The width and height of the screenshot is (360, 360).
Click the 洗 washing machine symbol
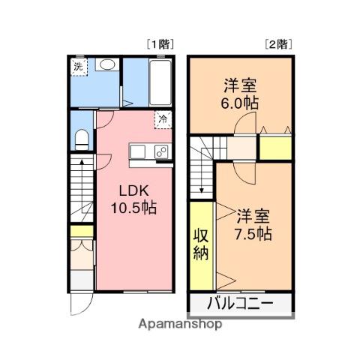tap(79, 67)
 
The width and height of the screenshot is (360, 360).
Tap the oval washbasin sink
tap(107, 64)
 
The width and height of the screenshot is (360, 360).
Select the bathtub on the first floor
tap(160, 82)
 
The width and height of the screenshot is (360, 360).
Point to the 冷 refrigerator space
tap(163, 120)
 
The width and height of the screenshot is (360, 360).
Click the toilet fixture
tap(82, 139)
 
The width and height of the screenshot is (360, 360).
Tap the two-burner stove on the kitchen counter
tap(161, 151)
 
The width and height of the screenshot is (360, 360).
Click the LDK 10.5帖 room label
tap(133, 199)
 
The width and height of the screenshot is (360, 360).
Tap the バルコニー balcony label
tap(240, 303)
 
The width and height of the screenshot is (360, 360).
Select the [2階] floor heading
tap(278, 45)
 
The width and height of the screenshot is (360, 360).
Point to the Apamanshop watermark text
tap(180, 324)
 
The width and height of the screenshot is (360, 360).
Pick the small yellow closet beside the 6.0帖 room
tap(276, 148)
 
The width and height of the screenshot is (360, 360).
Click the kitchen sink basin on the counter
tap(138, 151)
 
